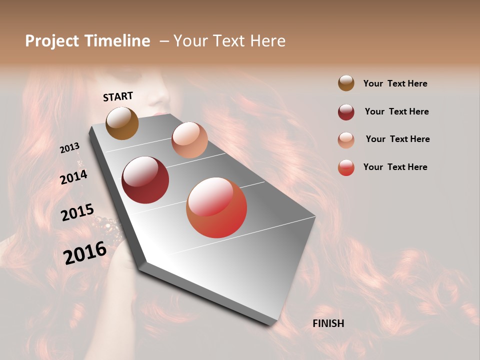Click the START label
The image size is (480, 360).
point(118,96)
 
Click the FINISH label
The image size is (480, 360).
point(328,323)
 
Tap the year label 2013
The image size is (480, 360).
point(69,148)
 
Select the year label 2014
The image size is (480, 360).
point(73,177)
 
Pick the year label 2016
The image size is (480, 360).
point(85,253)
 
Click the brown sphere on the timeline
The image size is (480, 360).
point(122,123)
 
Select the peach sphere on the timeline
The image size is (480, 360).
point(189,140)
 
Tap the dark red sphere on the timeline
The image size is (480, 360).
point(145,180)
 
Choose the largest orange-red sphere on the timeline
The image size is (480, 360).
point(216,207)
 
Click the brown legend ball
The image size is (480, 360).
point(346,83)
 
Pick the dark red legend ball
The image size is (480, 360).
point(346,111)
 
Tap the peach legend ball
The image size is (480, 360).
point(346,139)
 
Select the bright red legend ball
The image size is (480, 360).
point(346,167)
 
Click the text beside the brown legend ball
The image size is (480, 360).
point(395,83)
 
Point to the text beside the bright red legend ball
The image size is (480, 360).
point(395,167)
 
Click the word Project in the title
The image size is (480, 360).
point(51,41)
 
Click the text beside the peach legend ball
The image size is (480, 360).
point(397,139)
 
